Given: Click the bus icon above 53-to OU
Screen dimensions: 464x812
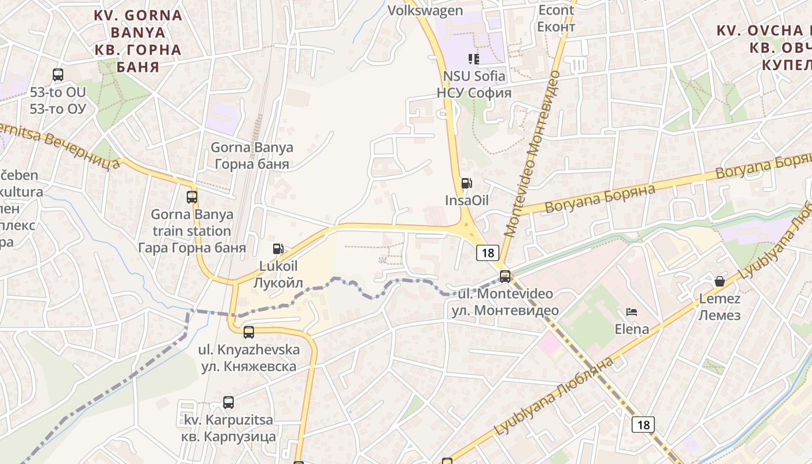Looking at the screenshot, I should point(58,74).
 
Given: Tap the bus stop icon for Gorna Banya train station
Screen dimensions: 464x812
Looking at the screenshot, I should point(192,197).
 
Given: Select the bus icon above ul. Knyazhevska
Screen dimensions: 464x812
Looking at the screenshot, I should point(249,332).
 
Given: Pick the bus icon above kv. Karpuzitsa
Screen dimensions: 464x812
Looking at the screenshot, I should point(229,403).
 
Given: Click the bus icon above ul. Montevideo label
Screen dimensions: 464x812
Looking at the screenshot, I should point(505,277).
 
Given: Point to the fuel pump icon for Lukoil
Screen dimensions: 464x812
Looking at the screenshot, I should point(278,249).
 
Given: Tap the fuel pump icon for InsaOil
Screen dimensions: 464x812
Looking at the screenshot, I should point(466,183).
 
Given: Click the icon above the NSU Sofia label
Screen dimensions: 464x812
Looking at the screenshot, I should point(474,59).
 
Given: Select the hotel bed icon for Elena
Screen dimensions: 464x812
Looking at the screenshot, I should point(632,312).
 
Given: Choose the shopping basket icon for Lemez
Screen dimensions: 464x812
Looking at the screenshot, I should point(720,281).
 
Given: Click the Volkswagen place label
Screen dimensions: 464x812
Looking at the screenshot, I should point(425,10).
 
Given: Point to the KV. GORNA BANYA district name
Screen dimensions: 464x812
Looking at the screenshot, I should point(139,41).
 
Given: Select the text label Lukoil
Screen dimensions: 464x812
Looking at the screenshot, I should point(278,274).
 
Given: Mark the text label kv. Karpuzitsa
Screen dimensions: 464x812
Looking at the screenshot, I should point(228,427).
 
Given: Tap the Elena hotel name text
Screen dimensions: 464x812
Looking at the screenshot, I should point(632,329).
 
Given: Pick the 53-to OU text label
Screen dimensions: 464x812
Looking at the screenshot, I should point(57,100).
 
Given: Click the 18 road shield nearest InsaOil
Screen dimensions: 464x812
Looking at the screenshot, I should point(488,252).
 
